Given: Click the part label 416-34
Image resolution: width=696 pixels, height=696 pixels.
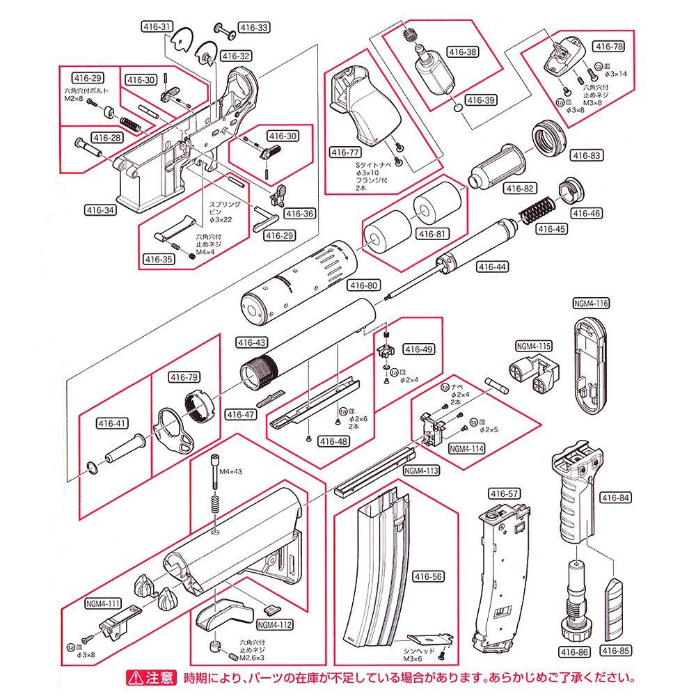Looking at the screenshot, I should click(100, 208).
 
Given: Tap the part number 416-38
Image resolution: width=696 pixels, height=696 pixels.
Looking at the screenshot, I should click(462, 52).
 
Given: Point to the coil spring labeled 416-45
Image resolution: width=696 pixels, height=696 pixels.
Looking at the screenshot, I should click(538, 207).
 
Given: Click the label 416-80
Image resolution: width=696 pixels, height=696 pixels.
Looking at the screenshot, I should click(363, 285).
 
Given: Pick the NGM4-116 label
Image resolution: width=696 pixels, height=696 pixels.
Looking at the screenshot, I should click(591, 303).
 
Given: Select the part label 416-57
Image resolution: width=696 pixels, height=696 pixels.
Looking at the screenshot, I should click(505, 493).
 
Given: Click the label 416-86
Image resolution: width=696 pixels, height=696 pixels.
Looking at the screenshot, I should click(574, 652).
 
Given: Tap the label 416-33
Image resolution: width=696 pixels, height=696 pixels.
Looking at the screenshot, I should click(254, 28).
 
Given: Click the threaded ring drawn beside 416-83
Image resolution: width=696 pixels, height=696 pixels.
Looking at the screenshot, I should click(550, 139).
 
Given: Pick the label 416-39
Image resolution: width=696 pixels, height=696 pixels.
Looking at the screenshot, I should click(480, 100).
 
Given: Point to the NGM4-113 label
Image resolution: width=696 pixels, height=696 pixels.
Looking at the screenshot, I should click(421, 470).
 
